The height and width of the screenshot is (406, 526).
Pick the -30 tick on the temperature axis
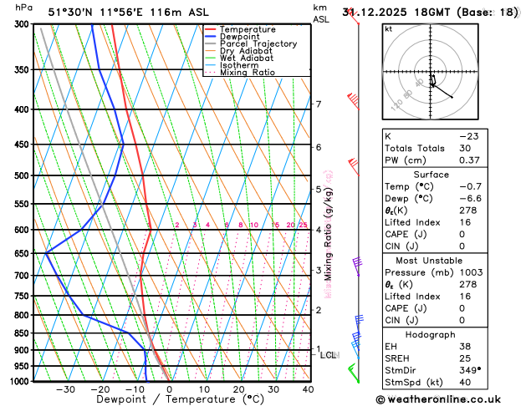(65, 389)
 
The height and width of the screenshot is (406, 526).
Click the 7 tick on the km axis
(318, 104)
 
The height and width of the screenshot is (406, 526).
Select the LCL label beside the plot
(329, 355)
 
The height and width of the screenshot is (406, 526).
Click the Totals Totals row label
(413, 148)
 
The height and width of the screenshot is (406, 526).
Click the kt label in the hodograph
(388, 29)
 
